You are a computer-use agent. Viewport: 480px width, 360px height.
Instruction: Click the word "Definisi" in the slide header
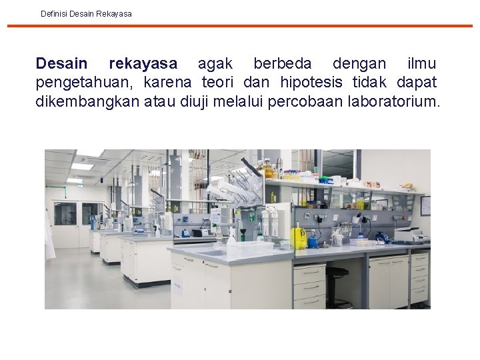(55, 13)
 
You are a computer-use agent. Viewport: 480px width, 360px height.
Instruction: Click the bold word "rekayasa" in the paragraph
(143, 64)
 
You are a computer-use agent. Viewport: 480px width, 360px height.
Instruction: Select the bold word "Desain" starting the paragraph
(61, 64)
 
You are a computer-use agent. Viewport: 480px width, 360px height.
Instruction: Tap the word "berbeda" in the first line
(282, 64)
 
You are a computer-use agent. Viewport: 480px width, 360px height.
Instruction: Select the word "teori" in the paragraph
(220, 83)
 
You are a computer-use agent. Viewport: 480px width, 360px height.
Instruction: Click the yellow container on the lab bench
(299, 237)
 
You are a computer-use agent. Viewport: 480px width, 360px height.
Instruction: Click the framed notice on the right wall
(425, 205)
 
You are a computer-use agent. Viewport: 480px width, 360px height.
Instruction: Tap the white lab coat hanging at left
(49, 233)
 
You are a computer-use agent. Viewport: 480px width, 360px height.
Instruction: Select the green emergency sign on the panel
(253, 217)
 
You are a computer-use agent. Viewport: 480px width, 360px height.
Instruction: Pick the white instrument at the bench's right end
(407, 234)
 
